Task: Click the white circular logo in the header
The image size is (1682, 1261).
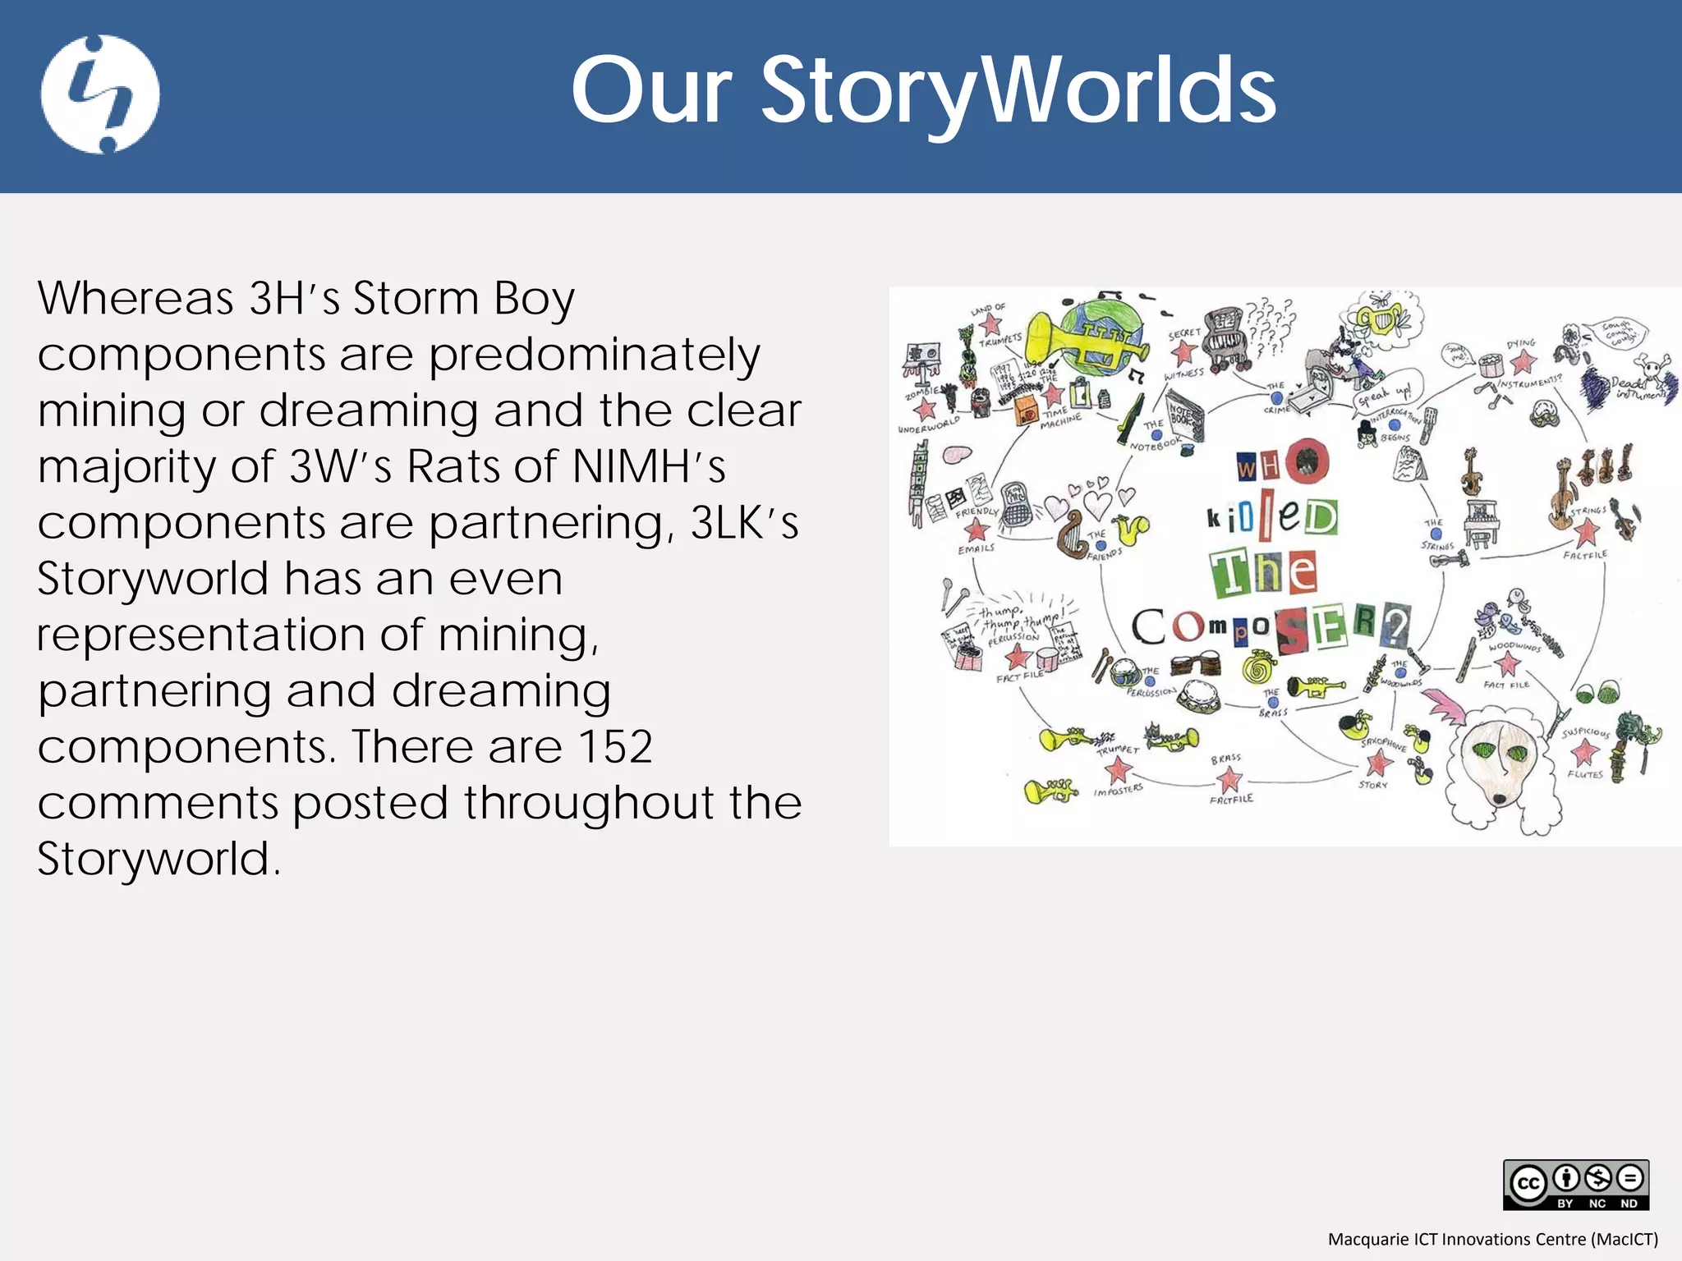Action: point(100,94)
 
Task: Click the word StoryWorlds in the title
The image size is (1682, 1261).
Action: point(1018,90)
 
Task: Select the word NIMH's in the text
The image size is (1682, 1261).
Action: point(649,466)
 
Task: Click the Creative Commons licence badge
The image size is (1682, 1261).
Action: point(1575,1184)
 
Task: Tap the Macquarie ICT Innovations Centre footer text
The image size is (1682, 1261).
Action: point(1492,1239)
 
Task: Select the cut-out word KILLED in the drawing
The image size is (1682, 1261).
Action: point(1271,516)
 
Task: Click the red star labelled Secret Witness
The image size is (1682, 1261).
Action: point(1183,353)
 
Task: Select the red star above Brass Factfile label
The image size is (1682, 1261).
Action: point(1229,780)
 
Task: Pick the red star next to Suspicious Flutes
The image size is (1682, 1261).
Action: point(1586,750)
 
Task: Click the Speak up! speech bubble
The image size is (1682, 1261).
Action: point(1385,397)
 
